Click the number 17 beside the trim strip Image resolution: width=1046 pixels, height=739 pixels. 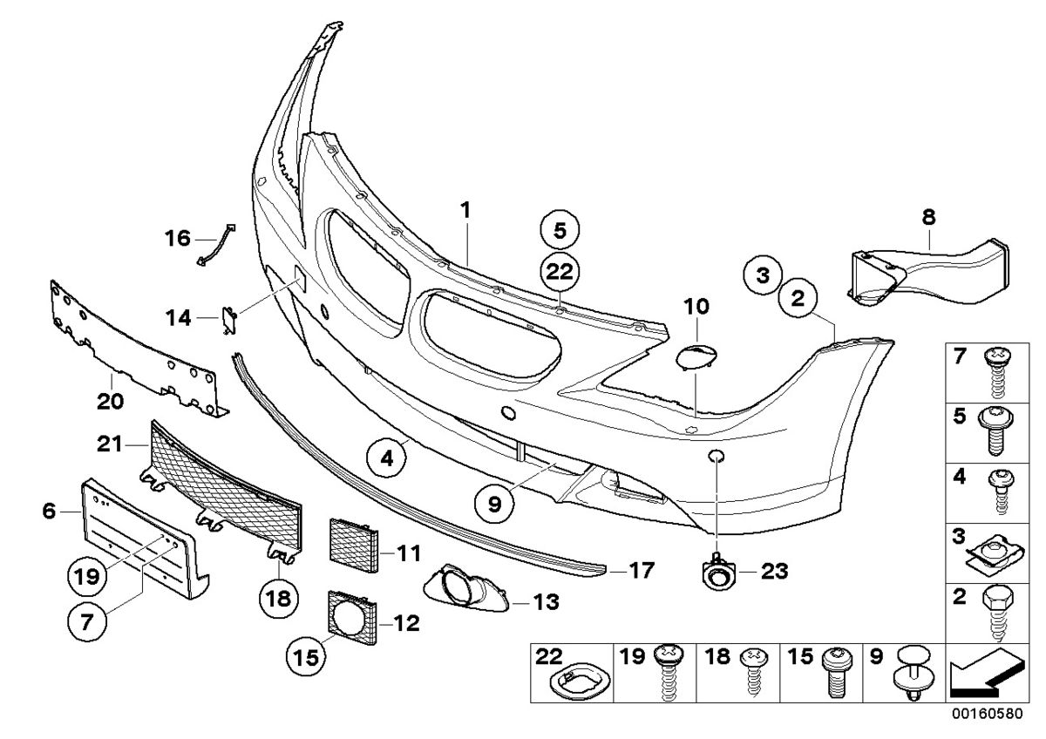(x=642, y=571)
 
